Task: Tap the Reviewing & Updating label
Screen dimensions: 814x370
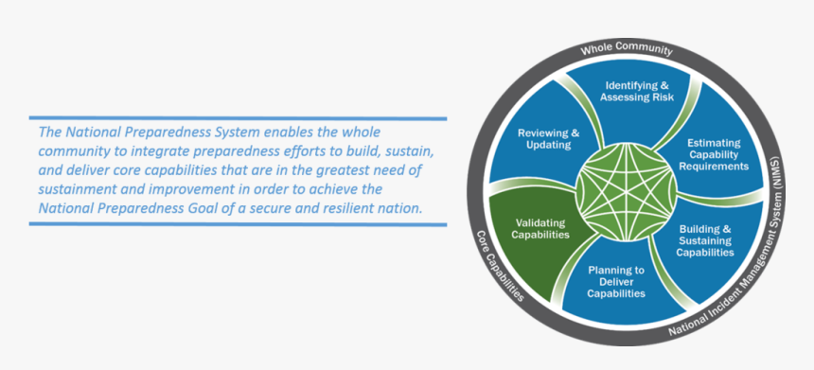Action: point(549,138)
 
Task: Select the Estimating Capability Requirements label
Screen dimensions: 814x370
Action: point(714,154)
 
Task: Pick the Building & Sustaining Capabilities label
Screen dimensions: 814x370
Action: point(705,240)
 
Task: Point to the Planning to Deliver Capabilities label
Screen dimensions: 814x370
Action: point(616,282)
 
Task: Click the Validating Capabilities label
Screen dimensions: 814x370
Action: point(540,228)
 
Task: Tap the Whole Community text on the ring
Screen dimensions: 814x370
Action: point(627,50)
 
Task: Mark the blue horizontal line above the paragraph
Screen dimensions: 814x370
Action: point(238,118)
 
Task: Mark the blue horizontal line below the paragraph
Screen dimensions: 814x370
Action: point(238,224)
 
